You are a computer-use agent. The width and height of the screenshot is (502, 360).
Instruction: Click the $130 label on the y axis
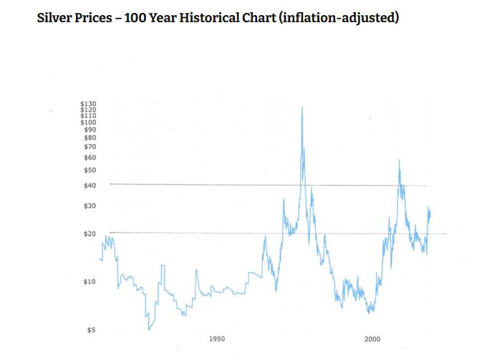pos(89,104)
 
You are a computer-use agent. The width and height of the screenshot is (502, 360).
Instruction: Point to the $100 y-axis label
pos(89,122)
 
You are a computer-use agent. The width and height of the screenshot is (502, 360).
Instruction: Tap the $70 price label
pos(90,147)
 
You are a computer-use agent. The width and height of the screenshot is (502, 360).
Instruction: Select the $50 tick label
pos(90,170)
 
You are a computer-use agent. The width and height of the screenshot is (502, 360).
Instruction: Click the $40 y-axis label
pos(90,186)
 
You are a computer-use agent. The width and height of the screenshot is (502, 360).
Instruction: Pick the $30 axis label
pos(90,206)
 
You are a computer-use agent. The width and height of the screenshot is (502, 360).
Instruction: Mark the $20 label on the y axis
pos(90,234)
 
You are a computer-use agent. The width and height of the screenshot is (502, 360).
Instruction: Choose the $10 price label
pos(90,282)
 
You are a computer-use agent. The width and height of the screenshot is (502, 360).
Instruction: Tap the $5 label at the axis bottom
pos(92,331)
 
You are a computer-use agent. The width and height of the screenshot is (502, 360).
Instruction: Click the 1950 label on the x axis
pos(218,339)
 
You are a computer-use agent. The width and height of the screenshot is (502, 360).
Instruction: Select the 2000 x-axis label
pos(372,339)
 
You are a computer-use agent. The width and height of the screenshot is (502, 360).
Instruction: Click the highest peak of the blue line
pos(302,107)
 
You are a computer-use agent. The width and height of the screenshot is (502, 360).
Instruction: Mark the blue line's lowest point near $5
pos(149,329)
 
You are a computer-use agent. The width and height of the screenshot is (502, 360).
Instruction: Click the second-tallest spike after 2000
pos(399,160)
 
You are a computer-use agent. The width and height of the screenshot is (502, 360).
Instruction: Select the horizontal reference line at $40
pos(215,185)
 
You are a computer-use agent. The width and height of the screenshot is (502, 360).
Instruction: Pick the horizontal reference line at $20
pos(215,233)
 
